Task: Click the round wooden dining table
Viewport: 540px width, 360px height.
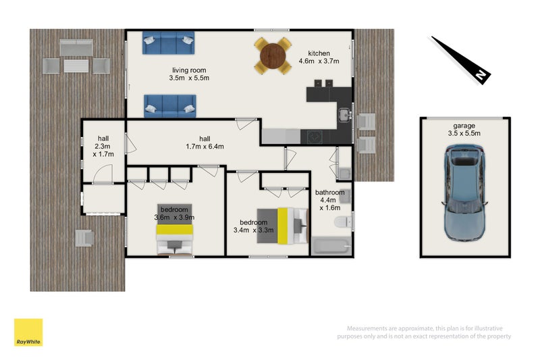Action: tap(273, 56)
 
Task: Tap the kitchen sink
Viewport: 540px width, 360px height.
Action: tap(344, 115)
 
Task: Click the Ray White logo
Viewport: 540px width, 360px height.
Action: tap(28, 332)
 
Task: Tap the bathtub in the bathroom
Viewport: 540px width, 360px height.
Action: tap(331, 246)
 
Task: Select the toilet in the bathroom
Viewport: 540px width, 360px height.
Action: tap(343, 222)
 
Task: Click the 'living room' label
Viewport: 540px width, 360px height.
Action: tap(189, 70)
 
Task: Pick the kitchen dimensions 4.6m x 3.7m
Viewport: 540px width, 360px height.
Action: tap(319, 61)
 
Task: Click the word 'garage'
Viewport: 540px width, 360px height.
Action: tap(464, 126)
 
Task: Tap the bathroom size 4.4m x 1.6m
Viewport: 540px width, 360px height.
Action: tap(329, 204)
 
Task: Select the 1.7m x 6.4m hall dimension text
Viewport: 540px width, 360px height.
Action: tap(205, 147)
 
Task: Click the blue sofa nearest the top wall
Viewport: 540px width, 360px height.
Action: tap(168, 43)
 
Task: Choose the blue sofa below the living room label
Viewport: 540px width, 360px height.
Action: tap(170, 106)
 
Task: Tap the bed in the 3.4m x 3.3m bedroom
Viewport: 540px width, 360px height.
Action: tap(282, 226)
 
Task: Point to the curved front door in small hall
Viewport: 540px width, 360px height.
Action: tap(103, 174)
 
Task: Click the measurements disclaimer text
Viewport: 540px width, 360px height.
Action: tap(424, 332)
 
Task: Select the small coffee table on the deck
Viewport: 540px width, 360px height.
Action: tap(76, 66)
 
